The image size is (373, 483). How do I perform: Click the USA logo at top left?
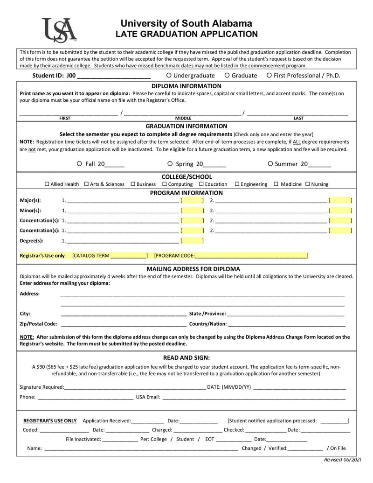click(x=59, y=30)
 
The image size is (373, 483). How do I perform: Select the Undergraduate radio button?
click(x=168, y=75)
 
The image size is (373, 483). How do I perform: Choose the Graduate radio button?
click(x=227, y=75)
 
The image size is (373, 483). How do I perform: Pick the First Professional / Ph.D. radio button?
click(x=269, y=75)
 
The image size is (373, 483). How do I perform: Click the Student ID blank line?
click(x=113, y=76)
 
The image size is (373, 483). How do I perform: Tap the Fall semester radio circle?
click(x=79, y=164)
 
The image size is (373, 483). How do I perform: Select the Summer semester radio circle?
click(x=270, y=164)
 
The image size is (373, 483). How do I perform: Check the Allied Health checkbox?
click(x=47, y=184)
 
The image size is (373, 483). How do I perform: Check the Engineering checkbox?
click(x=237, y=184)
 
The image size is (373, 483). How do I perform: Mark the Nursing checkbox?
click(x=307, y=184)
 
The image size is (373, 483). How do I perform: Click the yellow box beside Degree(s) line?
click(x=192, y=241)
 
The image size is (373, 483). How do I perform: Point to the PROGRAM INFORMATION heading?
click(x=186, y=193)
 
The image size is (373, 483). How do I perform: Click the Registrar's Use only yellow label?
click(x=42, y=256)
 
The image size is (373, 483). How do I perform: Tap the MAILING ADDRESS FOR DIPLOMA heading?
click(x=186, y=269)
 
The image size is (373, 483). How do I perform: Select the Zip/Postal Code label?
click(x=39, y=324)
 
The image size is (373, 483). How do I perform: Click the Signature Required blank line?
click(x=135, y=387)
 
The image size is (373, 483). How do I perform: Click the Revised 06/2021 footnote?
click(x=343, y=460)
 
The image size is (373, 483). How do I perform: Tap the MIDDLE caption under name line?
click(x=183, y=119)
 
